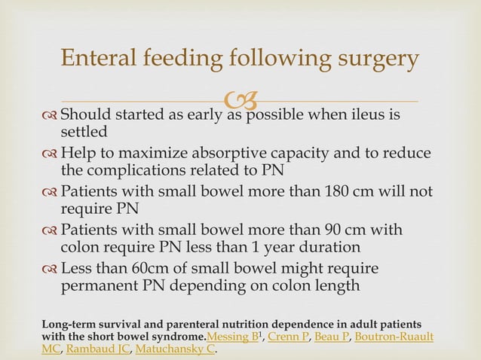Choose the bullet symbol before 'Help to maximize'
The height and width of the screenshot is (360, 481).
pos(50,154)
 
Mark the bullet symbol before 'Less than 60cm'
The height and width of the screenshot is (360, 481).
pos(50,268)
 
